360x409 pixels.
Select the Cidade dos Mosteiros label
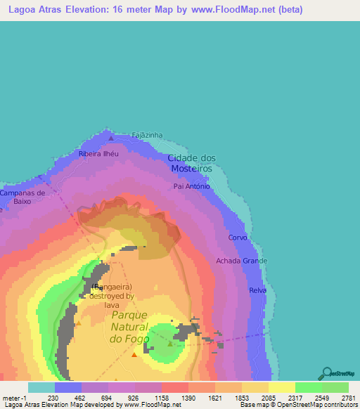pyautogui.click(x=193, y=163)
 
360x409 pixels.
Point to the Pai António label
pyautogui.click(x=191, y=187)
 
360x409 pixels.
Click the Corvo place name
pyautogui.click(x=238, y=238)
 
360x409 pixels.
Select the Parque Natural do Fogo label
pyautogui.click(x=129, y=327)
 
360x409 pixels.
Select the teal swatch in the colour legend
pyautogui.click(x=41, y=387)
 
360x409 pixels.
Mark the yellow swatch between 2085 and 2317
pyautogui.click(x=281, y=387)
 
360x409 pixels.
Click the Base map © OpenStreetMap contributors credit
pyautogui.click(x=297, y=405)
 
